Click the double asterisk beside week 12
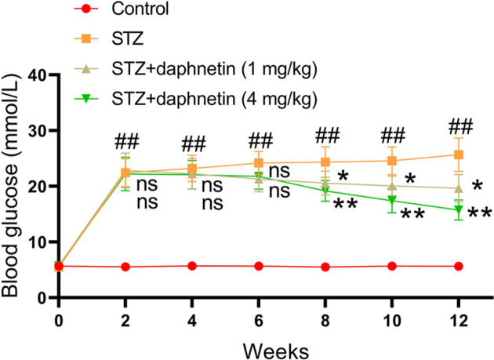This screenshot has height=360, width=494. (480, 213)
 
